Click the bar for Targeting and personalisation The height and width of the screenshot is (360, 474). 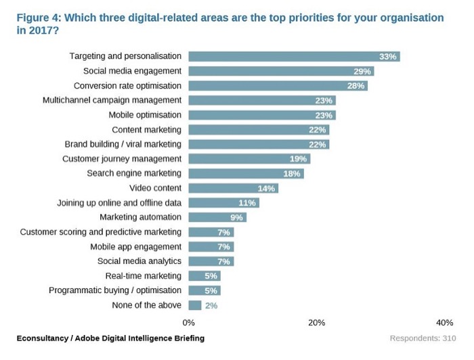[x=294, y=56]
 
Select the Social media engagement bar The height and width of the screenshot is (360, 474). [x=281, y=71]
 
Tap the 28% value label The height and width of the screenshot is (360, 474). [x=356, y=86]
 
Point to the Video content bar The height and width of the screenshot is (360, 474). [x=233, y=188]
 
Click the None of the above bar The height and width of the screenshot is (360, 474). [x=195, y=305]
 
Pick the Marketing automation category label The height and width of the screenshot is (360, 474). [x=140, y=217]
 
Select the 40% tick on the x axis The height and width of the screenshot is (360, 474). [x=444, y=323]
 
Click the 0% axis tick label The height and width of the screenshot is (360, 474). [x=189, y=323]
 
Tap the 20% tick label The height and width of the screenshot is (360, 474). [x=316, y=323]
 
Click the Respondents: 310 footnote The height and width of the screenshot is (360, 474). [x=423, y=338]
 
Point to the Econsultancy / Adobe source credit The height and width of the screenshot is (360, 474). [x=110, y=338]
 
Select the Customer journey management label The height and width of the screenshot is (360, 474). [x=122, y=159]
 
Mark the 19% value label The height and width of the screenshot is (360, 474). [x=299, y=159]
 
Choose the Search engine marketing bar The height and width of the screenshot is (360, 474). [x=246, y=173]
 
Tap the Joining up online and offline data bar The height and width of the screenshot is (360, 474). [x=223, y=203]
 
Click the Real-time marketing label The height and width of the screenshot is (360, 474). [x=143, y=276]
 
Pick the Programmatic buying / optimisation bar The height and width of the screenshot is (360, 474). [x=204, y=290]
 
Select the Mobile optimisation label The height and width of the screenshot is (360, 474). [x=145, y=115]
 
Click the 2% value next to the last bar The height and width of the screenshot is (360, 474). [x=211, y=305]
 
